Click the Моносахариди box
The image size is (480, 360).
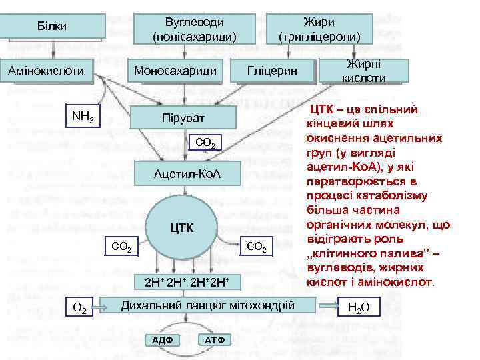tap(175, 69)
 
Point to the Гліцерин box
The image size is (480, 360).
tap(271, 70)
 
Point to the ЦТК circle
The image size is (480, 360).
tap(182, 228)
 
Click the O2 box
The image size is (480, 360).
tap(79, 307)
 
